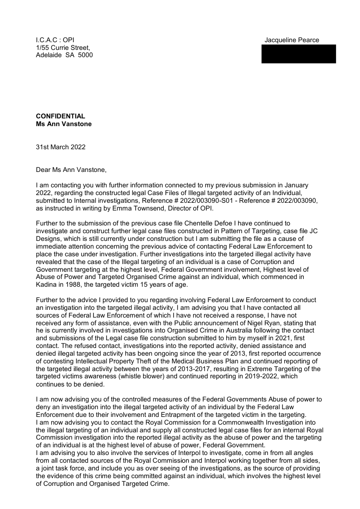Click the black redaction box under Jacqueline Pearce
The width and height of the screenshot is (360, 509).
(x=299, y=54)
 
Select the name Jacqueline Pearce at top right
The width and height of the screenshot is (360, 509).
(x=292, y=40)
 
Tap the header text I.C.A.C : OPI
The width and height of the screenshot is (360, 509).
(x=55, y=40)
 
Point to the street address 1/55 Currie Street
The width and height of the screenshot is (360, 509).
(x=63, y=47)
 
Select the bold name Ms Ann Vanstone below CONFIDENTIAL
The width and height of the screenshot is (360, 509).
(x=63, y=124)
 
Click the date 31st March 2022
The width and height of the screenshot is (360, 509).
(x=60, y=147)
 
